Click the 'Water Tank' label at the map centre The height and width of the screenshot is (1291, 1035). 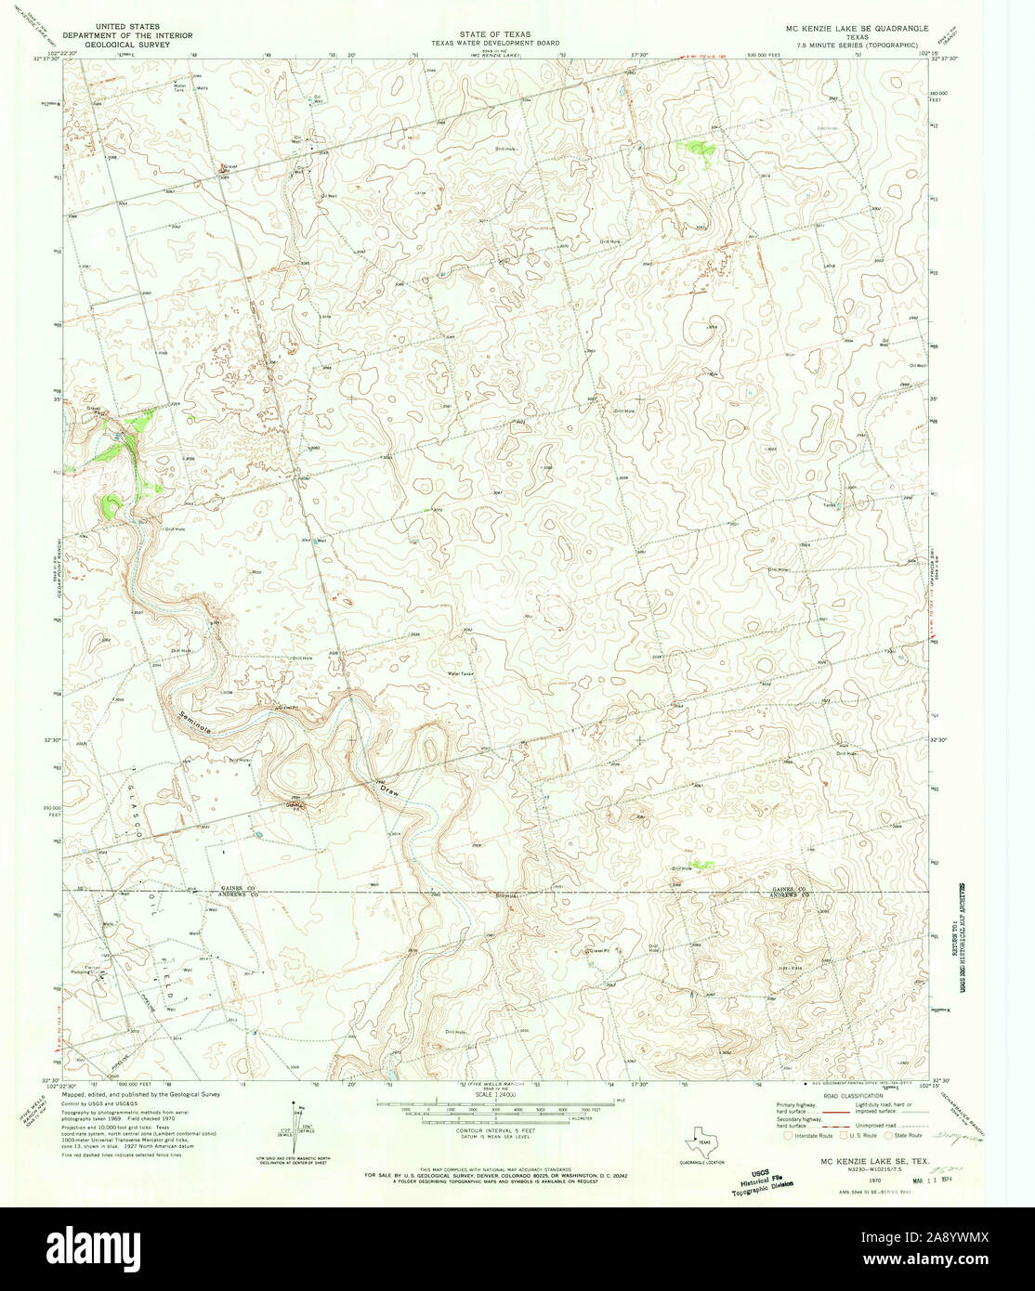(x=461, y=673)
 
